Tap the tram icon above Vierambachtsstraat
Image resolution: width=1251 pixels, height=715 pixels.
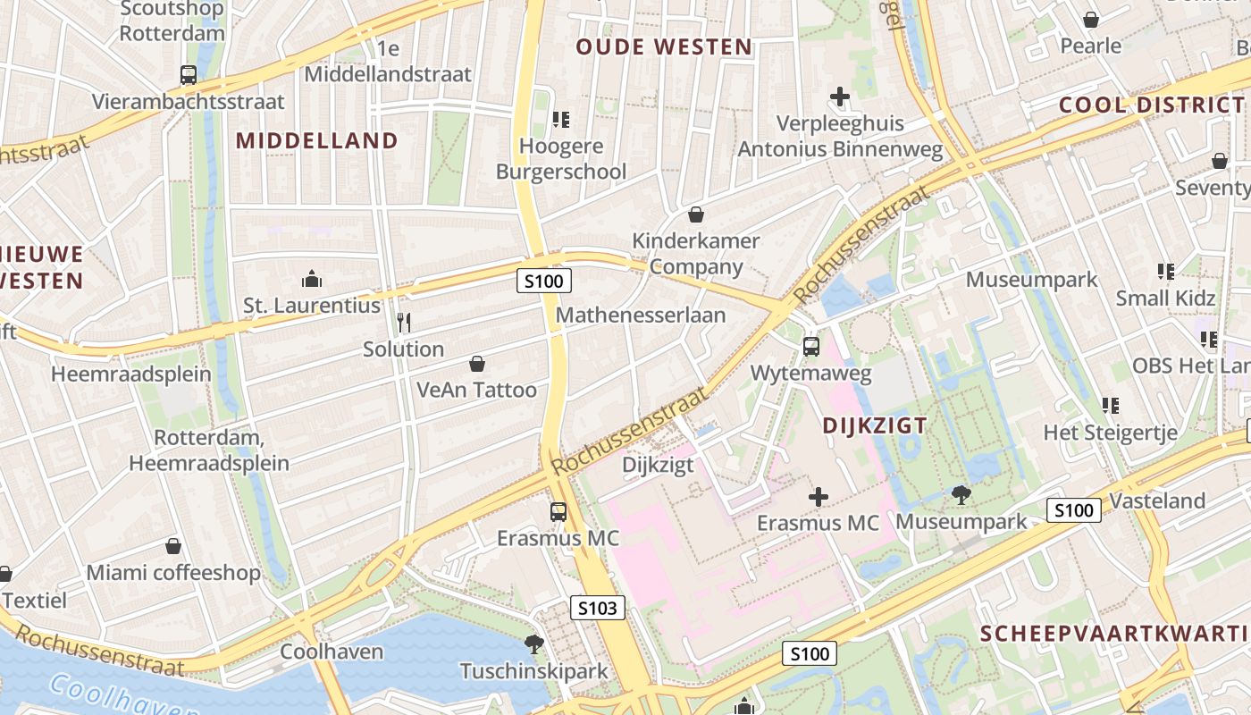[x=188, y=75]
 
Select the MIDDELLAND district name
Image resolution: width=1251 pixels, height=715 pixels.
[x=317, y=140]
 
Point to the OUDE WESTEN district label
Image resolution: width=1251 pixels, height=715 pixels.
[x=664, y=47]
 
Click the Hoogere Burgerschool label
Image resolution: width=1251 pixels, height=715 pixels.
[x=561, y=159]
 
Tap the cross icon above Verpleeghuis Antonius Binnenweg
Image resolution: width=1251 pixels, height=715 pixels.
[x=840, y=96]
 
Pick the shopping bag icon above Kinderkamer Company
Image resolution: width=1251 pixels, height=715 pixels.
[x=696, y=214]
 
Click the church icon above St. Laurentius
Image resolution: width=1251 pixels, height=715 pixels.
[x=312, y=279]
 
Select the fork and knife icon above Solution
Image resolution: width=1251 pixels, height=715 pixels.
[x=404, y=322]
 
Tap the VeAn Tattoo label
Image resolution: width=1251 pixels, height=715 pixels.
[x=477, y=390]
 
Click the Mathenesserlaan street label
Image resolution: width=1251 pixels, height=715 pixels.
[x=641, y=315]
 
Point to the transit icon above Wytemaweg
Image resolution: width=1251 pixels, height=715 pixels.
[x=811, y=347]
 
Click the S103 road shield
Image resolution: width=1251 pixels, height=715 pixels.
[x=597, y=609]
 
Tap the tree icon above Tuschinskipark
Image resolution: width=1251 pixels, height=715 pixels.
[x=534, y=643]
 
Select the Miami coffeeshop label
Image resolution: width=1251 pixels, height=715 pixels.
[x=173, y=573]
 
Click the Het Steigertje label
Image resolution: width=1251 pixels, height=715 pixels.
[x=1111, y=433]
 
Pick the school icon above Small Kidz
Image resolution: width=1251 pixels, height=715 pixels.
[x=1165, y=271]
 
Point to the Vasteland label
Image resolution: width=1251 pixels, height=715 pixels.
[x=1157, y=500]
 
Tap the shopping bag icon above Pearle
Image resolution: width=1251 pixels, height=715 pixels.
[x=1091, y=20]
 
